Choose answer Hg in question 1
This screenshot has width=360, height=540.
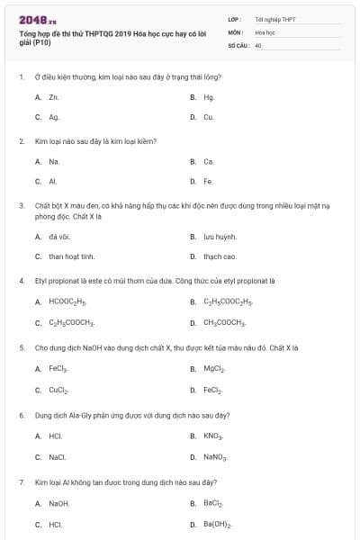point(209,97)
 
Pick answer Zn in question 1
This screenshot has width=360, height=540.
point(54,97)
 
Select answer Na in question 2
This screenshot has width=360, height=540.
point(54,162)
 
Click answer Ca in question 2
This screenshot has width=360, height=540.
point(209,162)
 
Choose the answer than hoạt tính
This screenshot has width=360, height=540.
point(72,256)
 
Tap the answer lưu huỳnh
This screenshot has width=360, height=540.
point(220,237)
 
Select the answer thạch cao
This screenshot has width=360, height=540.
point(220,256)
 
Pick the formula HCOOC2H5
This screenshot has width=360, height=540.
point(67,301)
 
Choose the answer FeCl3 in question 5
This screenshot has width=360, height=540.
point(58,368)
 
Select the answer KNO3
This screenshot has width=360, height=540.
point(213,436)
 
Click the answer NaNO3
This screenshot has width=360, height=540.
point(215,456)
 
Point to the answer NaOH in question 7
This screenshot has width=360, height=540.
point(58,503)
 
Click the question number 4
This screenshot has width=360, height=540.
point(21,280)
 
